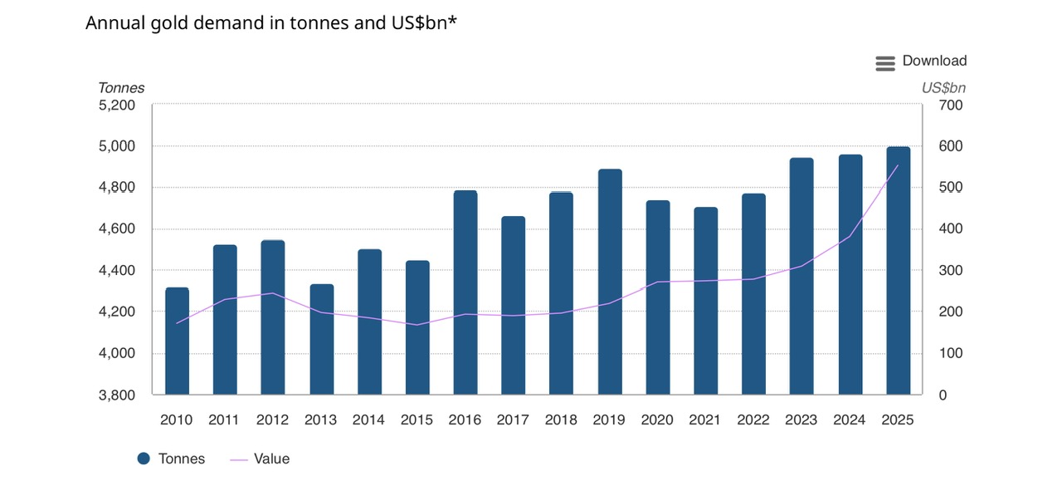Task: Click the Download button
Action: click(x=921, y=61)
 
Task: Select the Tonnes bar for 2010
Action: click(x=177, y=341)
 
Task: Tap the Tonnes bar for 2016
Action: click(x=465, y=292)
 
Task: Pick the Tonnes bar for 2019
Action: click(x=610, y=282)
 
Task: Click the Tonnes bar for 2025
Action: click(x=899, y=270)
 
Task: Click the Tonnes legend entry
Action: click(x=171, y=459)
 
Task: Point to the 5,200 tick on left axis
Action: click(x=117, y=106)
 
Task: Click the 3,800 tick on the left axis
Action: click(x=117, y=395)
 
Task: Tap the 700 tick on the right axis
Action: click(x=950, y=106)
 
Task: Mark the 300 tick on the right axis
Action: click(x=950, y=271)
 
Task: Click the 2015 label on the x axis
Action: click(x=417, y=420)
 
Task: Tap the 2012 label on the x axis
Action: click(x=273, y=420)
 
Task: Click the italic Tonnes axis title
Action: click(x=121, y=88)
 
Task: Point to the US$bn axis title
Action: click(x=943, y=88)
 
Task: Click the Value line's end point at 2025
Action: click(x=899, y=166)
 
